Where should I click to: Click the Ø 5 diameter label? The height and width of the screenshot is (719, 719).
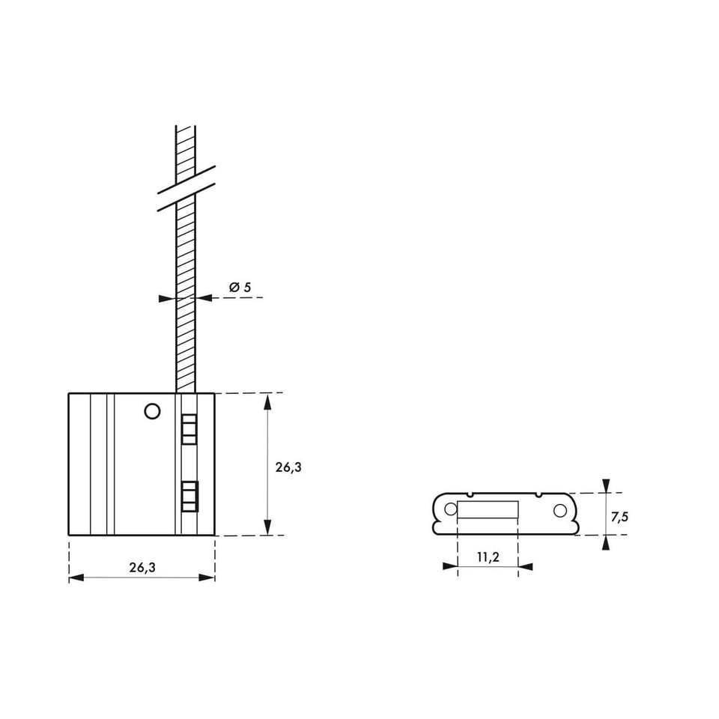(240, 288)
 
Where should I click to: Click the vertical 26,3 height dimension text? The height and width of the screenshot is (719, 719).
(288, 467)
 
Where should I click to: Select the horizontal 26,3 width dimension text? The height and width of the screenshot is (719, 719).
(142, 568)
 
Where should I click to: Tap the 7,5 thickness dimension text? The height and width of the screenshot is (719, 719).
(619, 518)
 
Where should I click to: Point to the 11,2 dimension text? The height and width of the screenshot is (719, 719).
(488, 557)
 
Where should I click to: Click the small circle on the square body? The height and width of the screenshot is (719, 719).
(152, 411)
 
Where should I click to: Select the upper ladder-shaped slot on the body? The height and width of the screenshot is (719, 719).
(189, 430)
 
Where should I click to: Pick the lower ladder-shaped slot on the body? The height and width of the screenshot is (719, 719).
(189, 496)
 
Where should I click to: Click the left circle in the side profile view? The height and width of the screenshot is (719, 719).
(451, 509)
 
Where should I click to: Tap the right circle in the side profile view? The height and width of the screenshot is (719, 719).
(560, 510)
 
